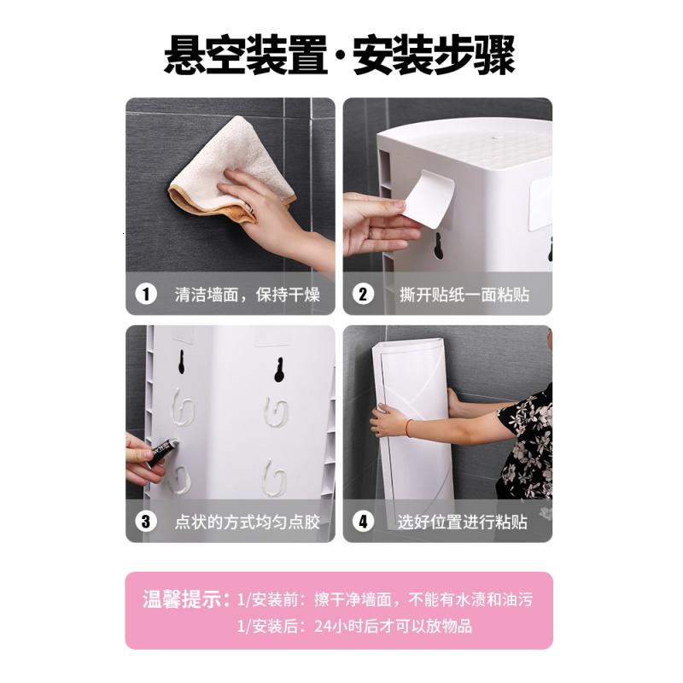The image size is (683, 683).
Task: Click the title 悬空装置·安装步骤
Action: (x=340, y=55)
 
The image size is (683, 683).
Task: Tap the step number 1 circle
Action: (x=145, y=295)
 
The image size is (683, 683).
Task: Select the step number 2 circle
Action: (x=363, y=295)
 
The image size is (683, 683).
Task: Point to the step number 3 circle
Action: (x=145, y=522)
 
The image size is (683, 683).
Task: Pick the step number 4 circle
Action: (x=363, y=522)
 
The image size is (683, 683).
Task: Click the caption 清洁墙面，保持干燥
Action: (x=248, y=295)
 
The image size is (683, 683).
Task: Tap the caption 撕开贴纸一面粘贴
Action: (x=464, y=295)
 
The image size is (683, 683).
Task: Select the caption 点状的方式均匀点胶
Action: (x=248, y=522)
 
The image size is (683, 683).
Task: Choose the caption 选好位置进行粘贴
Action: (x=462, y=522)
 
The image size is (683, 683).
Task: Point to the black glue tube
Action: (x=162, y=452)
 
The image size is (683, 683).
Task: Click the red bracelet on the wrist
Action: (x=409, y=428)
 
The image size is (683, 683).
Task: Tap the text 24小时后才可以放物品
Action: (x=393, y=626)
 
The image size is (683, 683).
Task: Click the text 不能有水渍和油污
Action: (x=470, y=599)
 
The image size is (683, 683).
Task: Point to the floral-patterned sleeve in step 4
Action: (x=526, y=444)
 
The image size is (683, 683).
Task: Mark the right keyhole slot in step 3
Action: (x=279, y=370)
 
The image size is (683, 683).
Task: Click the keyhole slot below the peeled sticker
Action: (x=439, y=246)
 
